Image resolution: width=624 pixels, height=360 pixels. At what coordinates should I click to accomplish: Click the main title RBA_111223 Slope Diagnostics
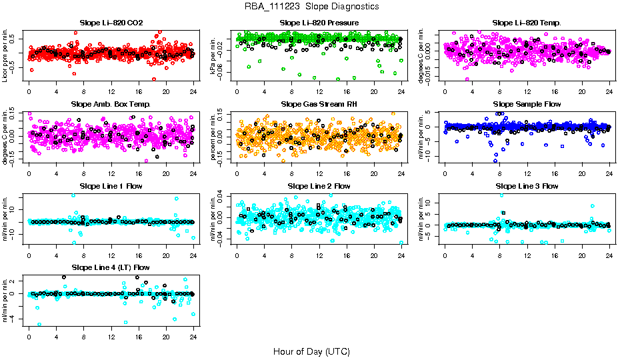coord(311,6)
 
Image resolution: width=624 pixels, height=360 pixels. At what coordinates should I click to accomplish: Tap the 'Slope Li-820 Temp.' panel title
coord(527,23)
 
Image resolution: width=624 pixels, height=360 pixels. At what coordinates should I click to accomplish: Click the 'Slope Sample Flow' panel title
coord(527,104)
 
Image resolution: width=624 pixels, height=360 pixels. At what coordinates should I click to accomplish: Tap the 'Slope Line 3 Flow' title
coord(527,186)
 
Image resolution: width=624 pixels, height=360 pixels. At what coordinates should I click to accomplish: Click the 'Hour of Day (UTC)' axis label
coord(311,351)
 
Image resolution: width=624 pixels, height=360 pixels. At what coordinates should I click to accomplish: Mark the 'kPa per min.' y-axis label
coord(214,55)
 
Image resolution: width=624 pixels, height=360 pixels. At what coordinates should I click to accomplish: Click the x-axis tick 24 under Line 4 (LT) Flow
coord(193,337)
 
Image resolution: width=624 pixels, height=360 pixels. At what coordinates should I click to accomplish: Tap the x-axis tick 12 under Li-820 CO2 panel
coord(111,92)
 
